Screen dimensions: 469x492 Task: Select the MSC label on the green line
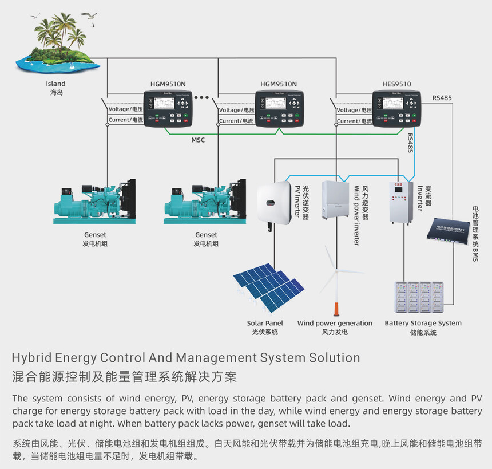coord(198,140)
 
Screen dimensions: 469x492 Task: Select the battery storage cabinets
coord(419,297)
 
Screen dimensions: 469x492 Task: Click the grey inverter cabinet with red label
coord(400,202)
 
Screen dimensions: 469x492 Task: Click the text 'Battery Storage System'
coord(423,323)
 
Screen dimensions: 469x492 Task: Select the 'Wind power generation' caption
coord(335,323)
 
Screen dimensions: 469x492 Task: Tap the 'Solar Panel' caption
coord(265,323)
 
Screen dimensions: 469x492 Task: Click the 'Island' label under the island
coord(55,84)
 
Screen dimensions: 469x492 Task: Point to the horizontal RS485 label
coord(442,98)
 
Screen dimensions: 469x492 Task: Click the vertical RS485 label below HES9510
coord(410,143)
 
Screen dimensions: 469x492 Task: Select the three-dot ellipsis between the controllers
coord(202,98)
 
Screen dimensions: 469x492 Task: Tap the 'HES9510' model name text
coord(396,84)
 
